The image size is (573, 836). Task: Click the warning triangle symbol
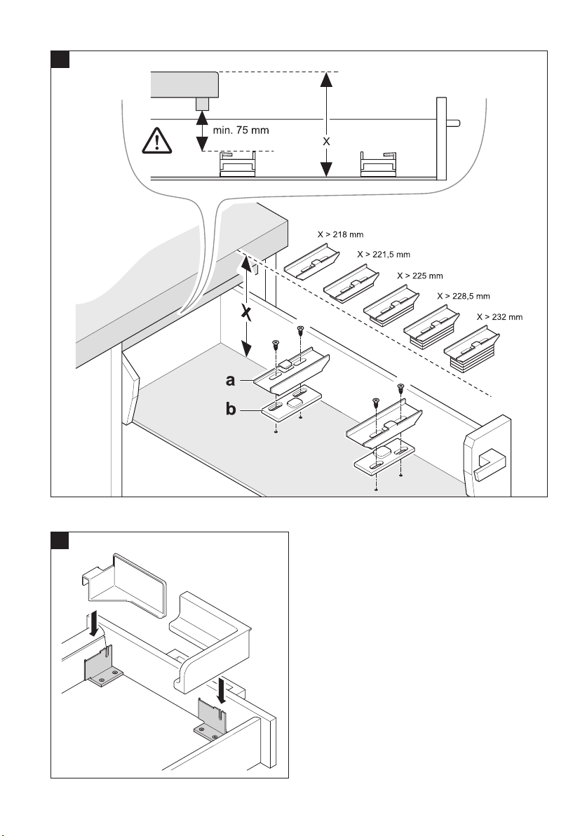(158, 142)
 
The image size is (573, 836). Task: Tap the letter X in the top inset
(325, 141)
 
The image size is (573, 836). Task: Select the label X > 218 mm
(336, 236)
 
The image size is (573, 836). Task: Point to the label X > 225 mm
(420, 276)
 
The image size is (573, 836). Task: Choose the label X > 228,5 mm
(461, 296)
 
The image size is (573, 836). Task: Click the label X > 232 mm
(499, 317)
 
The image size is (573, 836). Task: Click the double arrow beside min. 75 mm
(203, 130)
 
